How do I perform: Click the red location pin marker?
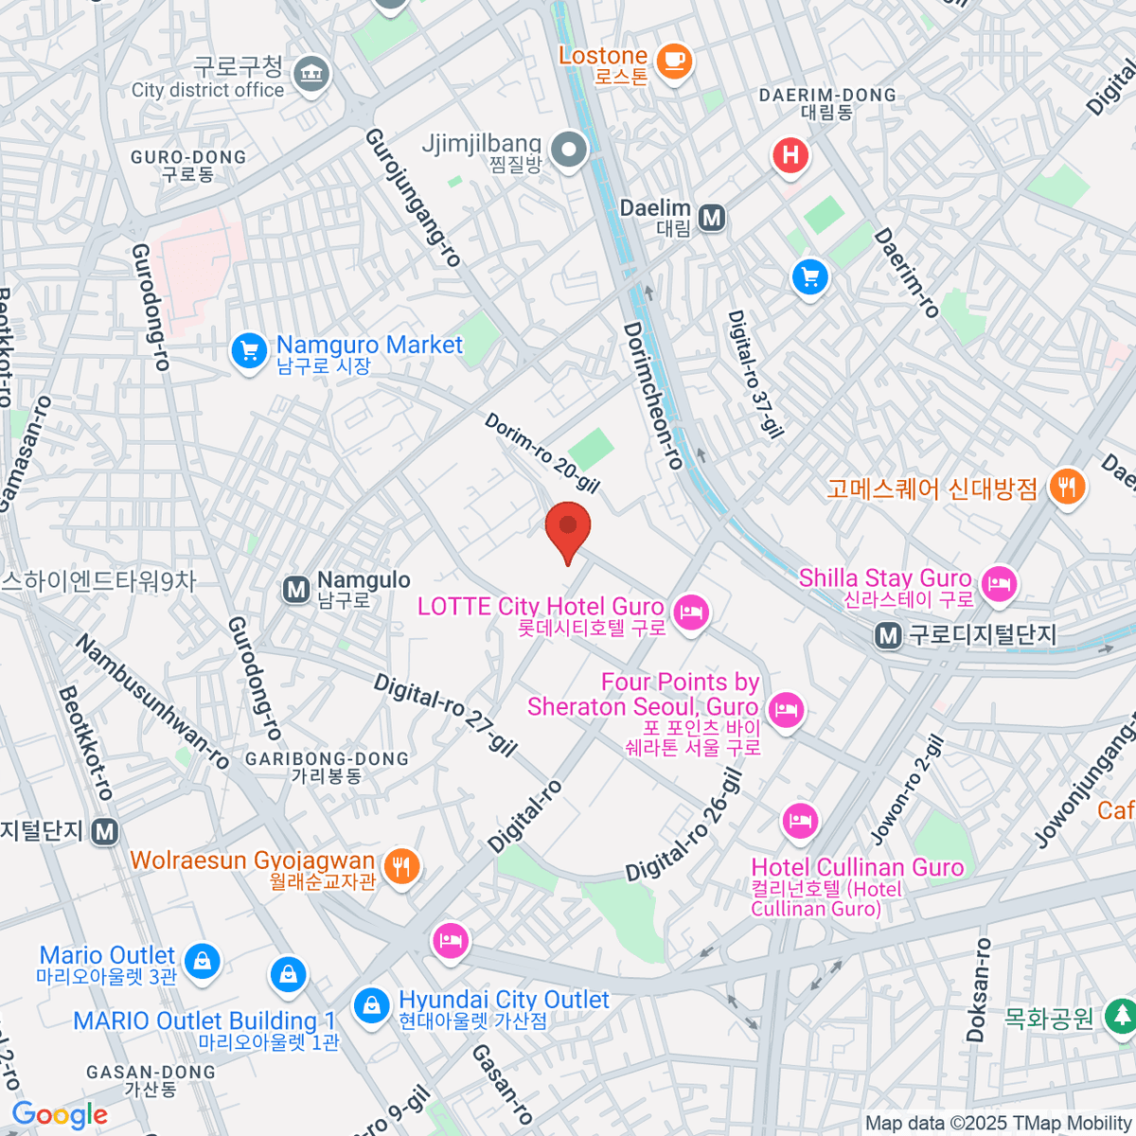[x=568, y=528]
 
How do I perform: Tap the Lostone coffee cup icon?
[x=674, y=62]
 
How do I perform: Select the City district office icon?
[x=311, y=73]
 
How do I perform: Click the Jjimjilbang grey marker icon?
[x=569, y=150]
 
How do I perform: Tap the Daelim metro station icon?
[x=712, y=219]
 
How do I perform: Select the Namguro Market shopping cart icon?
[x=249, y=351]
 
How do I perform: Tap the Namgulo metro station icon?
[x=296, y=590]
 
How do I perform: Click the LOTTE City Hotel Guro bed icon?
[x=692, y=612]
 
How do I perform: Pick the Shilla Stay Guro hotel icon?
[x=999, y=582]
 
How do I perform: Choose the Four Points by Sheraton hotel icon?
[x=786, y=708]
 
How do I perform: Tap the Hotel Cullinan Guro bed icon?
[x=801, y=820]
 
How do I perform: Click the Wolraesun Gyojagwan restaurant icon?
[x=402, y=865]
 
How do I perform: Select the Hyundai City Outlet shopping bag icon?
[x=371, y=1005]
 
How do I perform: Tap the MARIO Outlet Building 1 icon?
[x=288, y=973]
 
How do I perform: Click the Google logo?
[x=60, y=1115]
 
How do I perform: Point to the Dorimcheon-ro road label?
[x=652, y=396]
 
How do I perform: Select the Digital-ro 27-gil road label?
[x=445, y=715]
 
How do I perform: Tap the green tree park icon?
[x=1122, y=1016]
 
